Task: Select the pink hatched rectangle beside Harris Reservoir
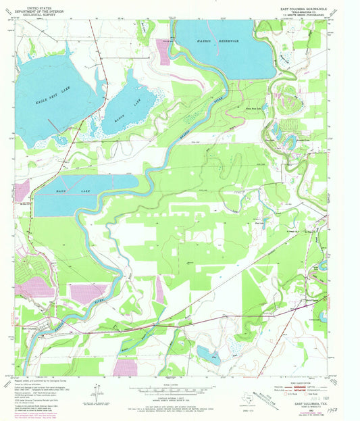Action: (163, 51)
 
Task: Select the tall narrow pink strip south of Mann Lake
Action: (159, 289)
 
